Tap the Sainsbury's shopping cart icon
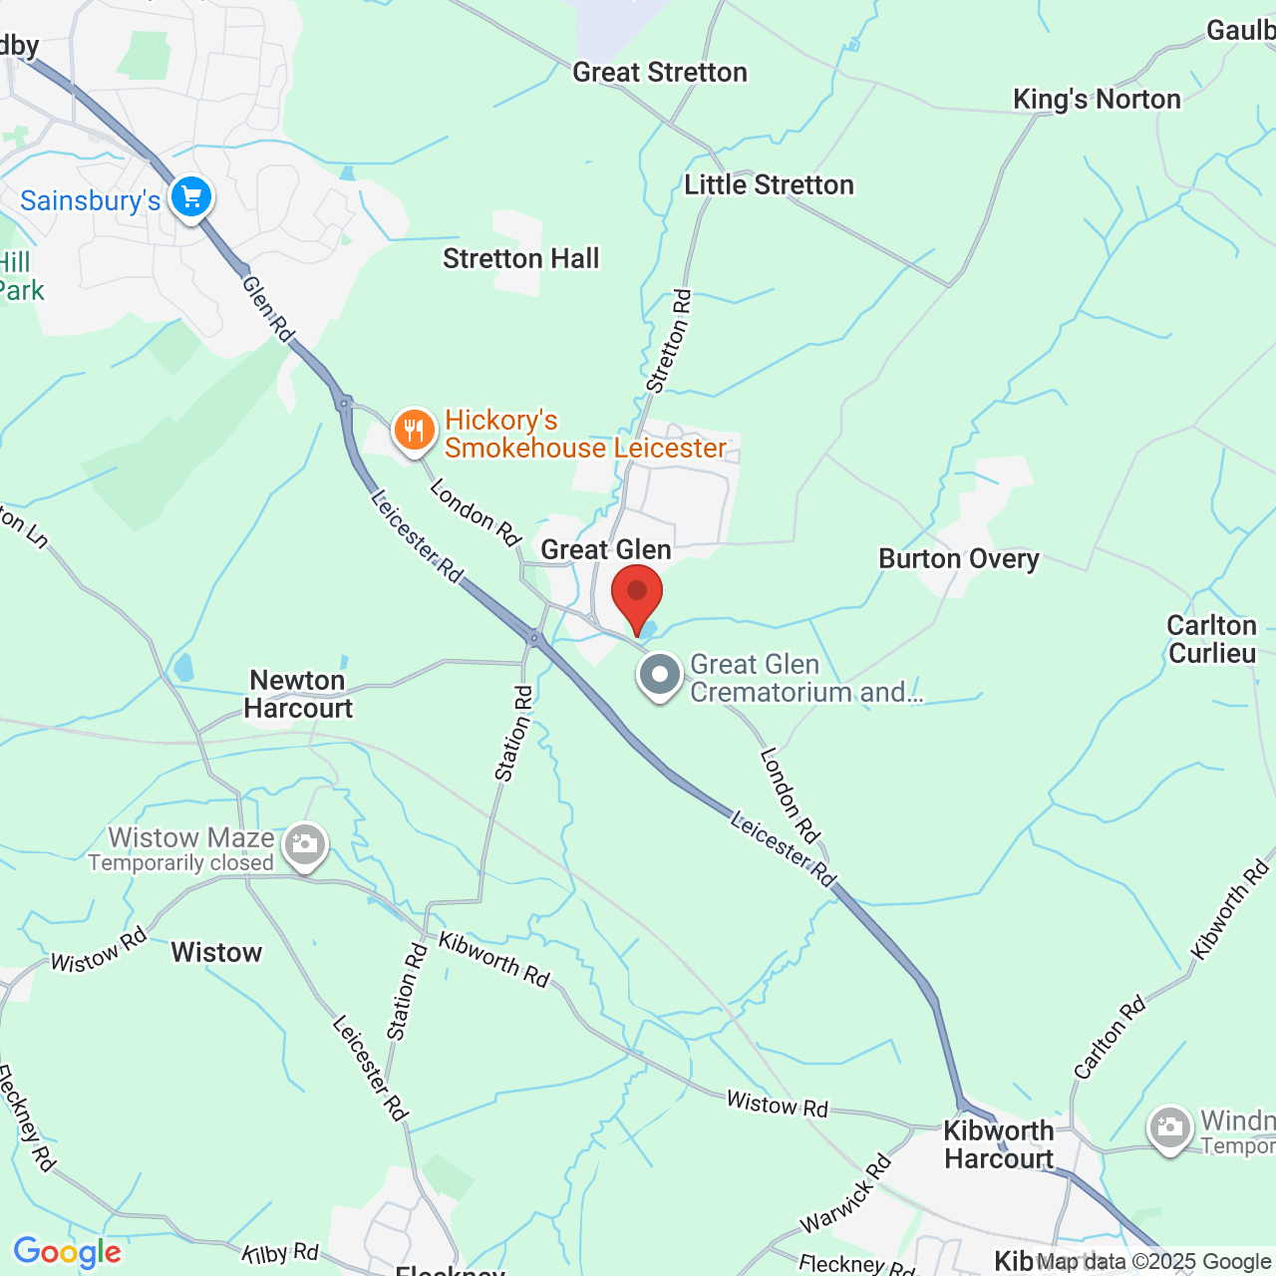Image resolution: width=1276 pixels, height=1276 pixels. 190,196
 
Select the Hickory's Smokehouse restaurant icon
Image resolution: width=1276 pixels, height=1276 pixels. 414,432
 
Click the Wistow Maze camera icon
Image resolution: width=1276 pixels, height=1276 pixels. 304,846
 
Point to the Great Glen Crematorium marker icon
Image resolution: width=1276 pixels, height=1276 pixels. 659,676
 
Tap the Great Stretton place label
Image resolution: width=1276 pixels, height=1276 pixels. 659,73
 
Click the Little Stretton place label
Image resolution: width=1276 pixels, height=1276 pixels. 769,185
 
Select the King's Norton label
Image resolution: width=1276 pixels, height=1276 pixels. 1097,100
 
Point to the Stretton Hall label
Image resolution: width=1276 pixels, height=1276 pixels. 520,259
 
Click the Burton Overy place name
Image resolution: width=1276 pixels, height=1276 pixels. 958,559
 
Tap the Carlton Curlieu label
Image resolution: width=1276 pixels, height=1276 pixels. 1212,639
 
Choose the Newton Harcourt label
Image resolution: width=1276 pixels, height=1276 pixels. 298,694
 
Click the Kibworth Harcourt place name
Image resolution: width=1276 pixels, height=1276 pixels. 999,1144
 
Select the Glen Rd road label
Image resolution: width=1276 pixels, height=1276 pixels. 268,309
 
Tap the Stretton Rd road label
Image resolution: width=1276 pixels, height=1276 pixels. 669,341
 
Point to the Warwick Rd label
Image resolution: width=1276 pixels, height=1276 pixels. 845,1194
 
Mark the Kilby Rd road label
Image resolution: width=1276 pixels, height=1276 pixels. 280,1253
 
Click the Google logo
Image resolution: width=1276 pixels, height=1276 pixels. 67,1252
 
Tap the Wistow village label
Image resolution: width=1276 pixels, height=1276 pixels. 216,953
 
